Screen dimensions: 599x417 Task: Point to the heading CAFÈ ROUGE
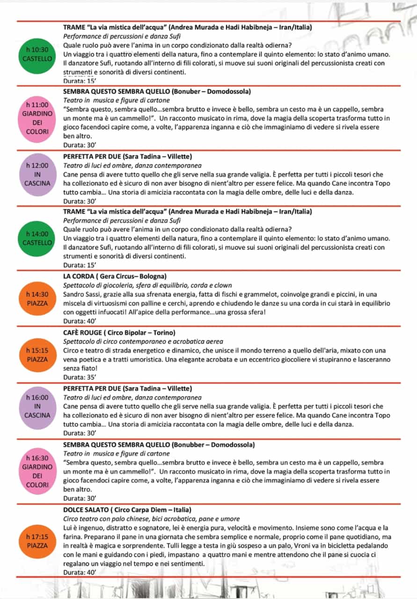click(82, 333)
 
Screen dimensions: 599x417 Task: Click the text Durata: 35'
click(80, 377)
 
